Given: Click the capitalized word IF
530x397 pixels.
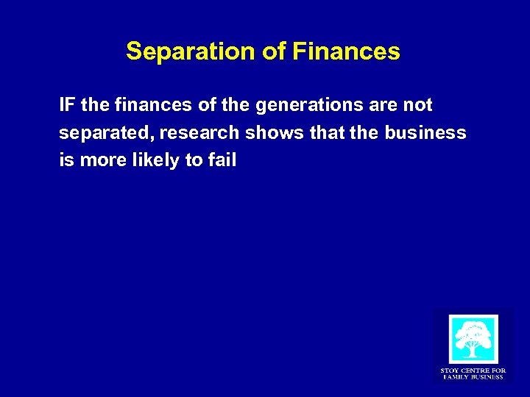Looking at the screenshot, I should coord(68,105).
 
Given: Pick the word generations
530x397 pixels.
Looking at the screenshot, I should coord(309,106).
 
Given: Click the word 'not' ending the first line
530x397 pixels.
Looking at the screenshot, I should coord(418,105).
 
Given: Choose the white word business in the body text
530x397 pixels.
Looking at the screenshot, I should coord(425,133).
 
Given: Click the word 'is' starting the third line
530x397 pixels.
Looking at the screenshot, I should coord(66,160).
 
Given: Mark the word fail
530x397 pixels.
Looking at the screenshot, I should coord(222,160).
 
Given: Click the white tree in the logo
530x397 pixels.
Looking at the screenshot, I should coord(473,340).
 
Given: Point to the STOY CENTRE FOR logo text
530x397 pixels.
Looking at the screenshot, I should coord(473,371).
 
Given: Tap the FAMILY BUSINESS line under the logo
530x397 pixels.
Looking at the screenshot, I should coord(473,377).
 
